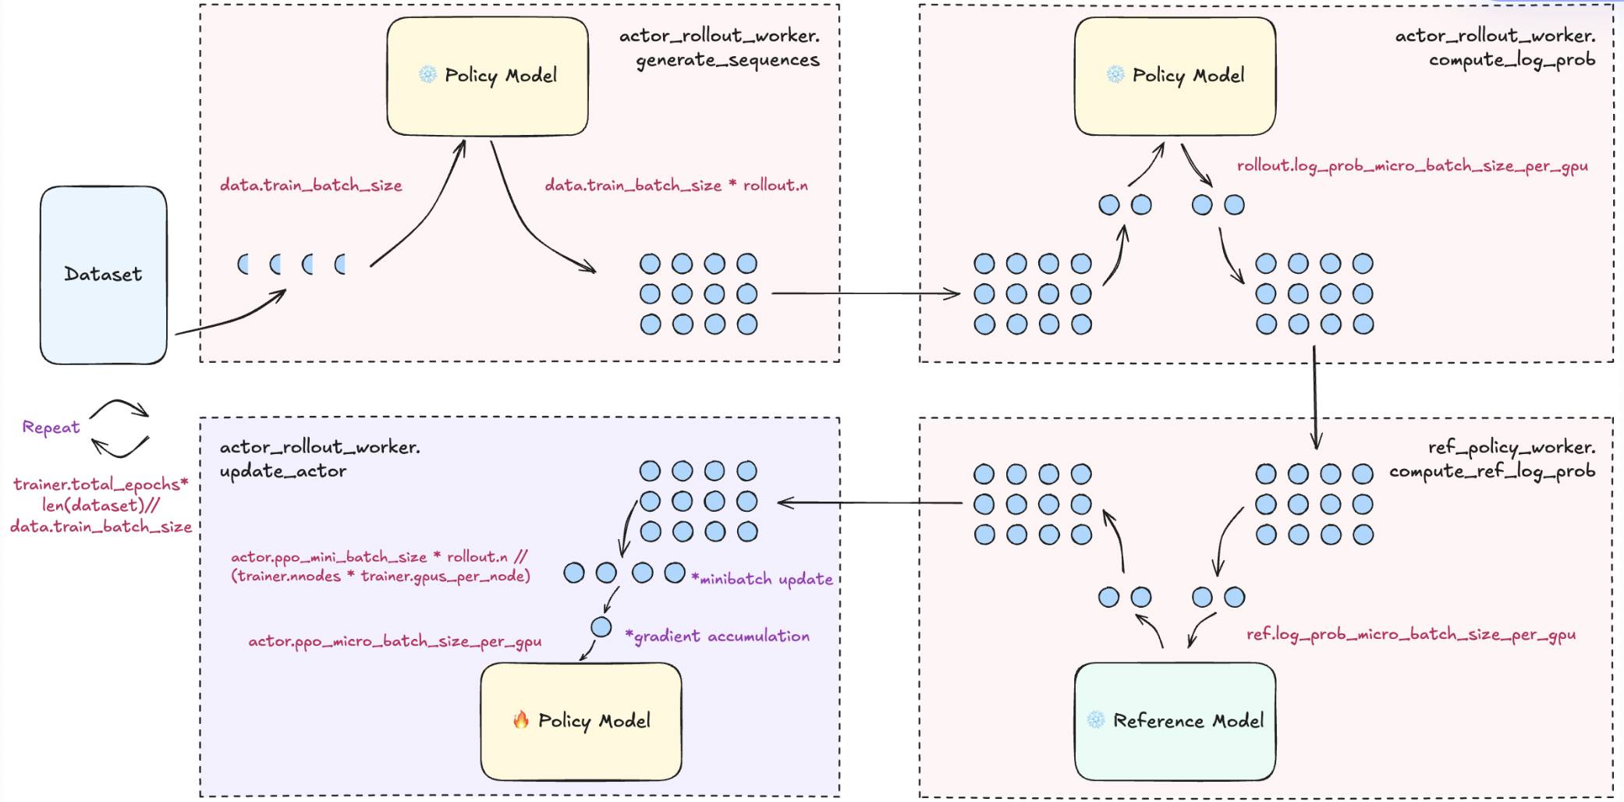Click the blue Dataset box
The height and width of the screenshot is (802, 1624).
[103, 275]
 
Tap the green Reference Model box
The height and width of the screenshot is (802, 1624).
[1175, 721]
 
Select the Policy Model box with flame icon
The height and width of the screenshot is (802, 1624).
[581, 721]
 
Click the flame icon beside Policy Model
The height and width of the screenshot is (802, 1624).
[520, 720]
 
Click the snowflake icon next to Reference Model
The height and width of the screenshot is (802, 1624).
[1096, 720]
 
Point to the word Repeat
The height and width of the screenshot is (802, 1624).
[51, 428]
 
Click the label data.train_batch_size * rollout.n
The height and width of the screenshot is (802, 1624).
[675, 186]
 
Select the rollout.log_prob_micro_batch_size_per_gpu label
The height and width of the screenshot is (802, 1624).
[1412, 166]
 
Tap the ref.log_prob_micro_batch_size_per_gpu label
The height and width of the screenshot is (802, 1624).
[1410, 634]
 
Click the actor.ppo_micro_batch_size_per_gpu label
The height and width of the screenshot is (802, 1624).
[395, 641]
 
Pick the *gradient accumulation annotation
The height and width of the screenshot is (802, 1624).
[718, 637]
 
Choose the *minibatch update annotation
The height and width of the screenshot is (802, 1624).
[762, 579]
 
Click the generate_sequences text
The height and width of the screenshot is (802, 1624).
[727, 60]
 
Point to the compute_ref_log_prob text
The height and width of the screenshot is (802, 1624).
[1491, 471]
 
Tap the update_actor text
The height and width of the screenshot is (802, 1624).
[282, 471]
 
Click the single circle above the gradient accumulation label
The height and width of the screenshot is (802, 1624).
[601, 626]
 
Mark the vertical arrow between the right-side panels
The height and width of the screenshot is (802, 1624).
[1315, 398]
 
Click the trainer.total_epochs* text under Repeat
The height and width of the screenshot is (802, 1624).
[101, 484]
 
